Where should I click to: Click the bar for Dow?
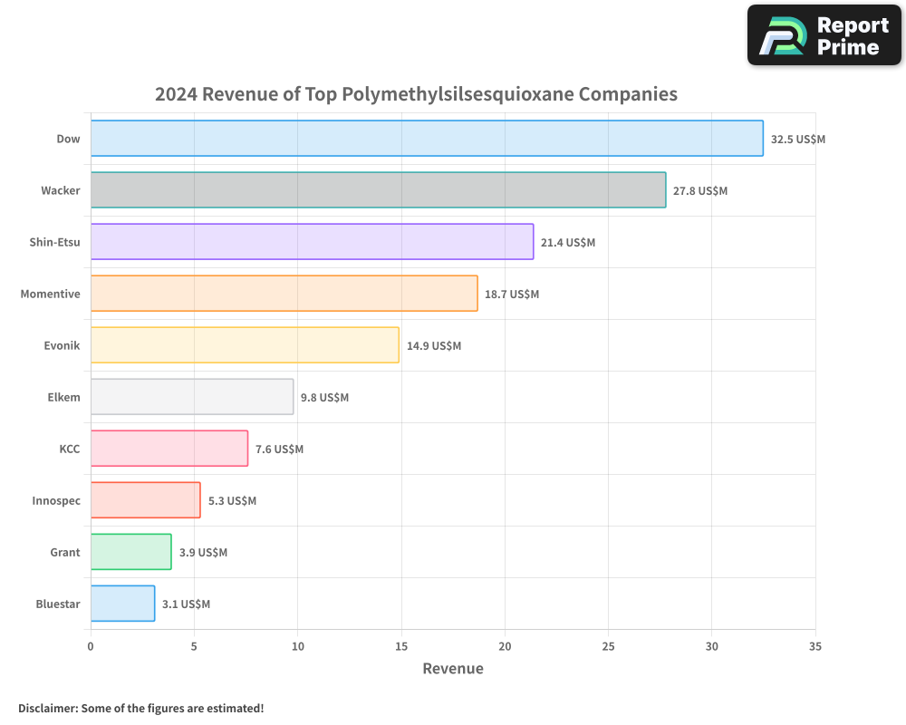click(x=426, y=139)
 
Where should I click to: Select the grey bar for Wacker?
click(x=378, y=190)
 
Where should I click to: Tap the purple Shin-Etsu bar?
click(x=312, y=242)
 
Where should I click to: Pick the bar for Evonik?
click(x=245, y=345)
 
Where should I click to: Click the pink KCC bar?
click(x=169, y=449)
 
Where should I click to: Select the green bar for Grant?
click(x=130, y=552)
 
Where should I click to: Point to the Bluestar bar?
click(x=122, y=604)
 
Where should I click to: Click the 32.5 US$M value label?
click(x=797, y=140)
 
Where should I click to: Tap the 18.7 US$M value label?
click(x=511, y=295)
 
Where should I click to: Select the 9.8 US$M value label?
click(x=324, y=398)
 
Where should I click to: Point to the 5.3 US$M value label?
click(x=232, y=501)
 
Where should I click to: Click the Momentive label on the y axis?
click(x=51, y=295)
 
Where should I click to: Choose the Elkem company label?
click(x=63, y=398)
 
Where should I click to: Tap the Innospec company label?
click(x=56, y=501)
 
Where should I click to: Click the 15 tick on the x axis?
click(x=401, y=647)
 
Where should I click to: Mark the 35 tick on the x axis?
click(x=815, y=647)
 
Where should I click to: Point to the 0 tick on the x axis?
click(x=91, y=647)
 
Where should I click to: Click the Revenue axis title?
click(x=453, y=669)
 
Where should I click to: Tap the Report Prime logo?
click(x=824, y=35)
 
